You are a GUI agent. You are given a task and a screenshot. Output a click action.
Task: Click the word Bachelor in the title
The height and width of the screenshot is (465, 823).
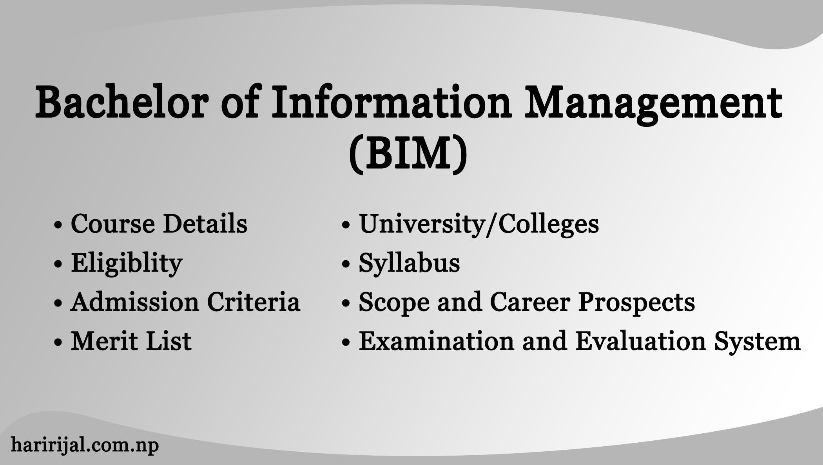(x=121, y=103)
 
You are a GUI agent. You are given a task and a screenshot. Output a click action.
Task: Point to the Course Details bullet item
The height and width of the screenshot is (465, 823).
(x=159, y=224)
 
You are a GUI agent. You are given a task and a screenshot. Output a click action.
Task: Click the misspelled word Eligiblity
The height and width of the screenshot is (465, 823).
(x=127, y=263)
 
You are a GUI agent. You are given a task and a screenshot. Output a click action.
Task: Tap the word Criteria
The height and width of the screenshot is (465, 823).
(x=254, y=302)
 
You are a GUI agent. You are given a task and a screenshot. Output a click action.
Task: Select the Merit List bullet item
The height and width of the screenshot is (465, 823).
(x=131, y=341)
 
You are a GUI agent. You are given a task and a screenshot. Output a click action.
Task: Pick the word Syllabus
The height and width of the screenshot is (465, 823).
(x=409, y=263)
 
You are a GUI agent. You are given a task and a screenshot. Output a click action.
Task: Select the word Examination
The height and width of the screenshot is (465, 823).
(x=436, y=341)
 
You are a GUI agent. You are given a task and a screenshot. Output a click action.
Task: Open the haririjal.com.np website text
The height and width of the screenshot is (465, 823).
(x=85, y=445)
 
